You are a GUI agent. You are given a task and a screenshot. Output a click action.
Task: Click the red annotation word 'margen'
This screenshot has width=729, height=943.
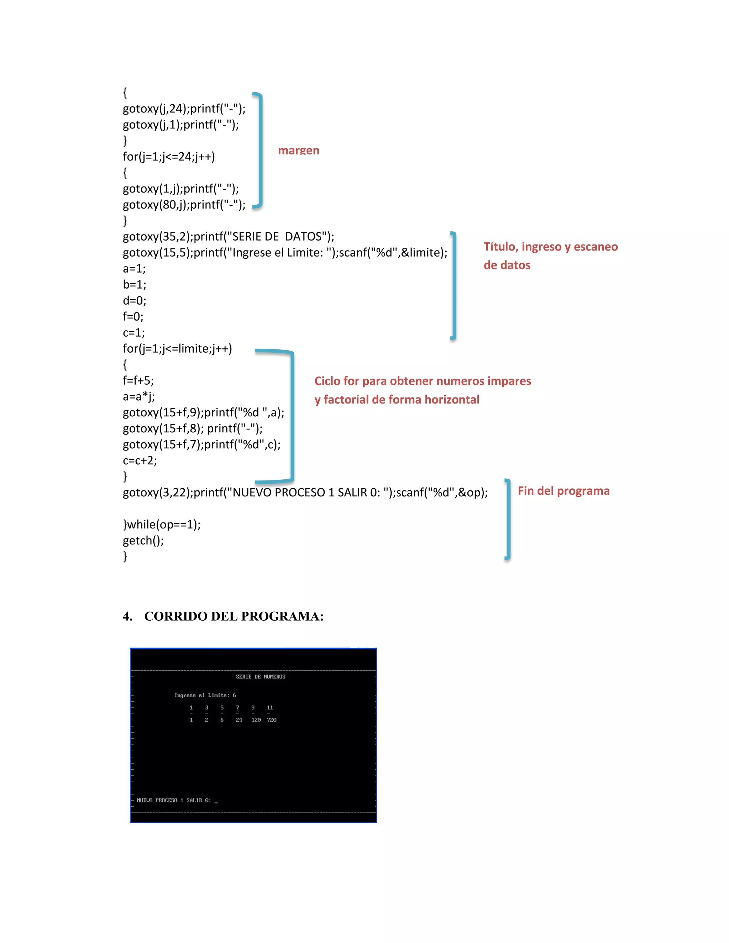[x=298, y=150]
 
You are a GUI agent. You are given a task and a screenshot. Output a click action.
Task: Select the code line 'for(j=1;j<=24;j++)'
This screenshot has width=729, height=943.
[x=169, y=156]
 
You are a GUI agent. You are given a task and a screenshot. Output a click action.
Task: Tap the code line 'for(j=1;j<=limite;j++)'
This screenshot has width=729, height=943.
[x=177, y=348]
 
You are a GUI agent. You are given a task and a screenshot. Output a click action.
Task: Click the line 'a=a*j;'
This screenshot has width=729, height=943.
[x=138, y=396]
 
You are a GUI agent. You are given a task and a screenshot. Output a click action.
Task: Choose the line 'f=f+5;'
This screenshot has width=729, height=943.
[x=138, y=380]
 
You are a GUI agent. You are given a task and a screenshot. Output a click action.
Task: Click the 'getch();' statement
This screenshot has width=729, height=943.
[x=143, y=540]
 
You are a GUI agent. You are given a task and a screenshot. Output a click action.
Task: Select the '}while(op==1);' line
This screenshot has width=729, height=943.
[x=162, y=524]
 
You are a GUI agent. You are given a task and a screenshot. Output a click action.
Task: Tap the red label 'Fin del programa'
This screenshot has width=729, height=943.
[x=563, y=491]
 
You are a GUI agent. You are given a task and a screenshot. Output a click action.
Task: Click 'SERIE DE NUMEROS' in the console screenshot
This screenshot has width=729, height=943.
[x=261, y=676]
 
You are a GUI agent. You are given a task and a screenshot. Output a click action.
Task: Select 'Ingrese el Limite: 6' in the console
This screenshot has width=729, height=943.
[x=205, y=695]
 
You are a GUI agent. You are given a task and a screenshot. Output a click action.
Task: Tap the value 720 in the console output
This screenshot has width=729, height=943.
[x=272, y=720]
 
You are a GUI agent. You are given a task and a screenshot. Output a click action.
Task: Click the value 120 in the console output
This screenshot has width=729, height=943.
[x=256, y=720]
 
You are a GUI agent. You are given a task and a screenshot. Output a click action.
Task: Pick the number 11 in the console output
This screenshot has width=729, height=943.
[x=270, y=708]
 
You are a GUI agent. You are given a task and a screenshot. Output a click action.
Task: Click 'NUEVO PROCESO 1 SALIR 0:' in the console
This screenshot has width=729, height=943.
[x=174, y=800]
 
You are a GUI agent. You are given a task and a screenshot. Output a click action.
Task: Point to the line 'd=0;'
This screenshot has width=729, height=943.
[x=134, y=301]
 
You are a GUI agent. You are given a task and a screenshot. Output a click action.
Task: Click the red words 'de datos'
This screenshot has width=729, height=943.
[x=507, y=265]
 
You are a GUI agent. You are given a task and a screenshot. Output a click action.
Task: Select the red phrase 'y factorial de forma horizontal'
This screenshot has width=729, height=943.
[x=397, y=400]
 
